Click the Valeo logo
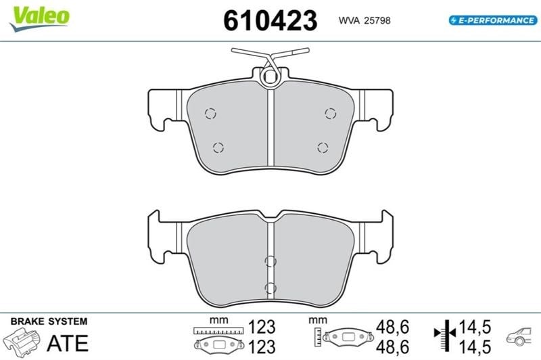click(40, 18)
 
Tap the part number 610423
click(270, 20)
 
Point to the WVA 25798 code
click(364, 20)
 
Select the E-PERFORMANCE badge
click(493, 20)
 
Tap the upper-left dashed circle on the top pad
click(210, 113)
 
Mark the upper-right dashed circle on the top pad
click(330, 113)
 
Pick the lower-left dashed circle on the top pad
click(218, 148)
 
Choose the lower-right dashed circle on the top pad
click(323, 148)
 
